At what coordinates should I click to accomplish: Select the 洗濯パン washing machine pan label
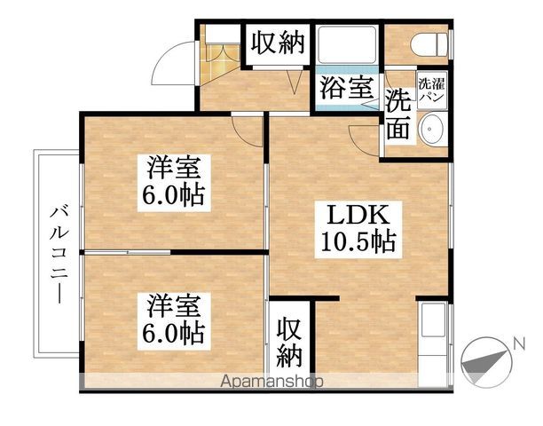pos(432,90)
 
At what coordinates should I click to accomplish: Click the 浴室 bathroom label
pos(347,89)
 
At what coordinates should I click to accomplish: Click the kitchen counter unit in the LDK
pos(433,342)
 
